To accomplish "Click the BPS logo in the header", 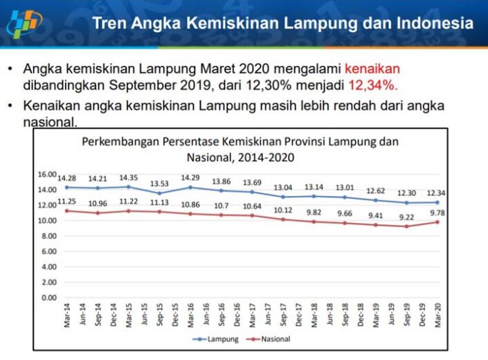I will [24, 24].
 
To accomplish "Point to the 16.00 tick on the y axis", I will [46, 174].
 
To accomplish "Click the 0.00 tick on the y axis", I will [48, 298].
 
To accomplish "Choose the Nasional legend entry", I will [269, 339].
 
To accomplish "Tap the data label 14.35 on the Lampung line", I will [129, 178].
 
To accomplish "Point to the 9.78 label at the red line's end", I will [437, 213].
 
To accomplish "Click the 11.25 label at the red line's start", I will [66, 201].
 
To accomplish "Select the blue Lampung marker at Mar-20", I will [437, 202].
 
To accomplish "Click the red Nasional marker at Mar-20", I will [437, 222].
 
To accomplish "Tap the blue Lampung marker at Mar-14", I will [66, 188].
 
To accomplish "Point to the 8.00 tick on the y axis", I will [48, 236].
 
